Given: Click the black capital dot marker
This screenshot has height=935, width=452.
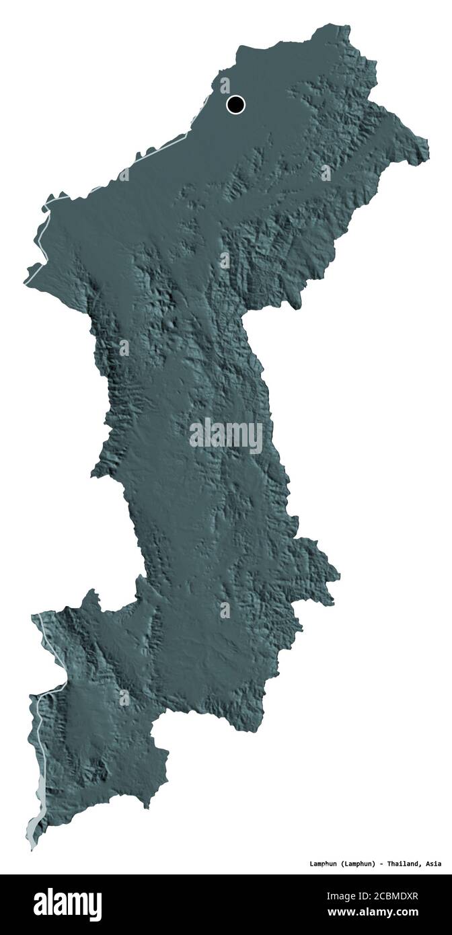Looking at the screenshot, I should (x=235, y=104).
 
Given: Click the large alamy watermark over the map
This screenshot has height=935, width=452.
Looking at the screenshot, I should (x=226, y=435).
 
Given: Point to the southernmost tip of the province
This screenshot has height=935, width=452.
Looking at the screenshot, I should (x=32, y=849).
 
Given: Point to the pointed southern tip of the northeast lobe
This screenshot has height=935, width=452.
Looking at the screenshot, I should (x=297, y=307).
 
